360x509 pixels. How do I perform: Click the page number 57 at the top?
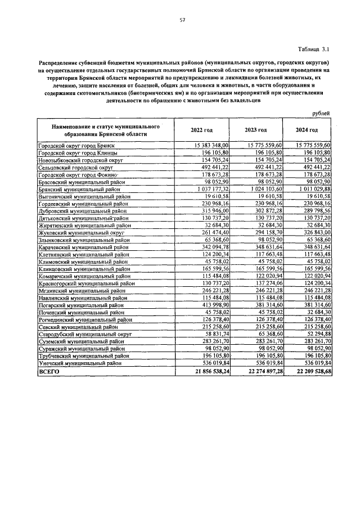click(x=182, y=20)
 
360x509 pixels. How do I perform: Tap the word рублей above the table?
click(x=321, y=114)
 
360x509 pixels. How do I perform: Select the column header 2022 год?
click(x=202, y=130)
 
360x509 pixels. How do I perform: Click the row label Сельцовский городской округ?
click(x=76, y=168)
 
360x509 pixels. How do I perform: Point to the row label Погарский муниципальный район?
click(x=82, y=319)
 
